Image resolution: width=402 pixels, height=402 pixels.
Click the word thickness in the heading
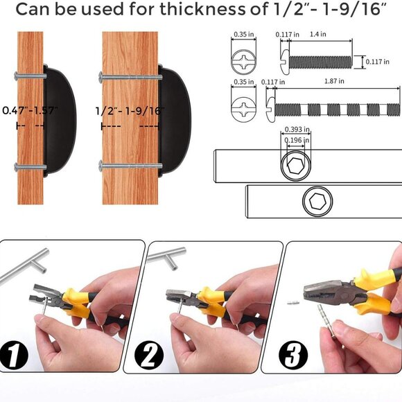[202, 9]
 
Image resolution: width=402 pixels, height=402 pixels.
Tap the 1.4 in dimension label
[318, 34]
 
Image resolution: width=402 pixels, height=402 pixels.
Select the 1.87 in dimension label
[334, 81]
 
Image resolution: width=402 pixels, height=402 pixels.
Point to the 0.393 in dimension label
[297, 129]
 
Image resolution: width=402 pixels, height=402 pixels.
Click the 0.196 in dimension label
[297, 140]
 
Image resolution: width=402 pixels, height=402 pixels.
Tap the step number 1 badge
[14, 355]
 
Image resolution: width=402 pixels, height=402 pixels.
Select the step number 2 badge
[149, 355]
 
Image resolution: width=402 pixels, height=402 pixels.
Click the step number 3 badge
[293, 355]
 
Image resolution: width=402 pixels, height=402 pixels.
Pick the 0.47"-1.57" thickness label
[30, 110]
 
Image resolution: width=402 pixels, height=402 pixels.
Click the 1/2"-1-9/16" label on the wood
[130, 111]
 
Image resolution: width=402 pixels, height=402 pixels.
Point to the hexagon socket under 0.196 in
[296, 166]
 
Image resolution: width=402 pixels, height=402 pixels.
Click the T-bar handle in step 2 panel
[166, 258]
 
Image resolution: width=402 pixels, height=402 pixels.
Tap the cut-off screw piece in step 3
[293, 303]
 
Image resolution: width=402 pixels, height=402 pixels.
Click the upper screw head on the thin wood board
[17, 76]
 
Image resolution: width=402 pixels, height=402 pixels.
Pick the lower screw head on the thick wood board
[101, 166]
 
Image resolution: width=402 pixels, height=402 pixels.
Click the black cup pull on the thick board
[175, 121]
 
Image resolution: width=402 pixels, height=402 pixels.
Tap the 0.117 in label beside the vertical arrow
[377, 62]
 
